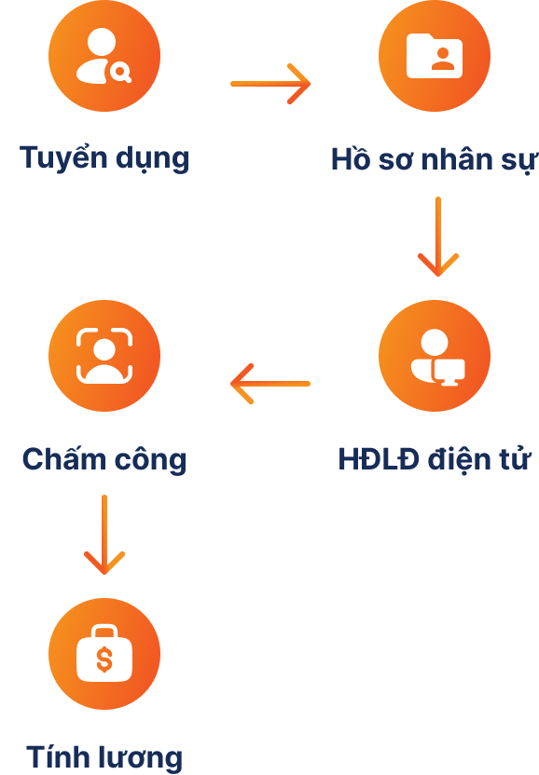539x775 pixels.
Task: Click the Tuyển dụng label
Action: click(x=104, y=158)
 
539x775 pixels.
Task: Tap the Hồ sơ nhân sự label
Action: click(x=435, y=159)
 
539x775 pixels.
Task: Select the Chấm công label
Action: click(x=104, y=459)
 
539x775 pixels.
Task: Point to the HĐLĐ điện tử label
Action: click(x=435, y=459)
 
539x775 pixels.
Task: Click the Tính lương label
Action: click(x=104, y=757)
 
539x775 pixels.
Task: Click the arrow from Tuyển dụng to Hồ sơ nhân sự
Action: click(x=270, y=84)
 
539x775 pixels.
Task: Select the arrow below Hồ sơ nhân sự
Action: click(x=438, y=237)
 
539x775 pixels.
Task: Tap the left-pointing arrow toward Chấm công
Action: click(x=270, y=384)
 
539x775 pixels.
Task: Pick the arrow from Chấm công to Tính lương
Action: click(x=104, y=535)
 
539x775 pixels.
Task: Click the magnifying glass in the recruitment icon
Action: click(x=120, y=73)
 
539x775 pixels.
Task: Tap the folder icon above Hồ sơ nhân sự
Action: click(x=435, y=56)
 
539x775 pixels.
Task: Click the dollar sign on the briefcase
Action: click(x=104, y=659)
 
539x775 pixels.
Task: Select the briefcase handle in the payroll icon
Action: click(x=104, y=632)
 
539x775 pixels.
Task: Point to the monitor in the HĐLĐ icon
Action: click(x=449, y=373)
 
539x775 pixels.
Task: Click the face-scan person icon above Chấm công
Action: click(x=104, y=356)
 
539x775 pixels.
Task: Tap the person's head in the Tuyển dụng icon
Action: click(x=102, y=42)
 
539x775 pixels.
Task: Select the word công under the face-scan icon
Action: click(x=151, y=459)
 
